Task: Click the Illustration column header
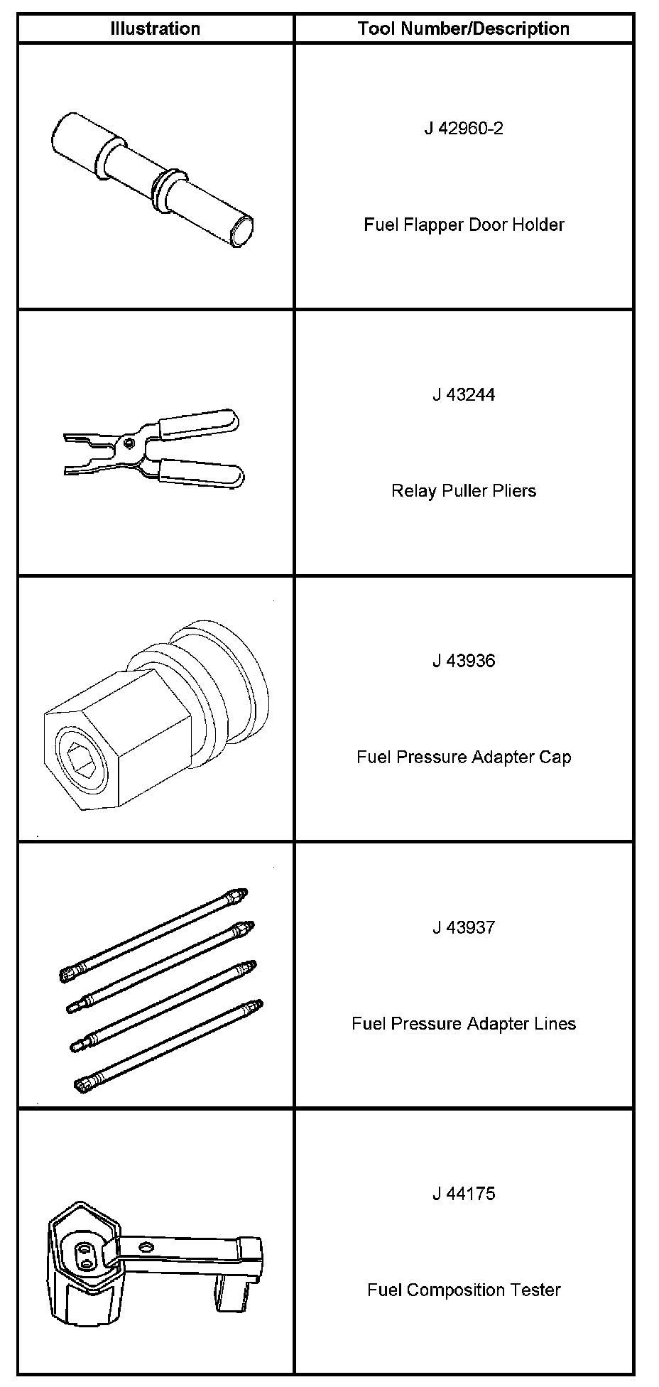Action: click(155, 29)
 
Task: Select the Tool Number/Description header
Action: click(463, 29)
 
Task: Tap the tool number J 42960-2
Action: click(463, 129)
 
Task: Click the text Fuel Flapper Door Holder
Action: click(464, 225)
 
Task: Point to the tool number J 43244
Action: click(463, 395)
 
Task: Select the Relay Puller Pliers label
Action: click(463, 491)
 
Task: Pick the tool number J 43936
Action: click(463, 661)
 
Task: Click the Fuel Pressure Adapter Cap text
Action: click(463, 757)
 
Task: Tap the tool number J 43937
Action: click(463, 927)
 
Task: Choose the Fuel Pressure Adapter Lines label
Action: click(463, 1023)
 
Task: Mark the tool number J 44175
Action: click(463, 1194)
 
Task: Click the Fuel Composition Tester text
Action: click(463, 1290)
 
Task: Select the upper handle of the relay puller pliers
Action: click(199, 423)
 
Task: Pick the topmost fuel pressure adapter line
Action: click(153, 935)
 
